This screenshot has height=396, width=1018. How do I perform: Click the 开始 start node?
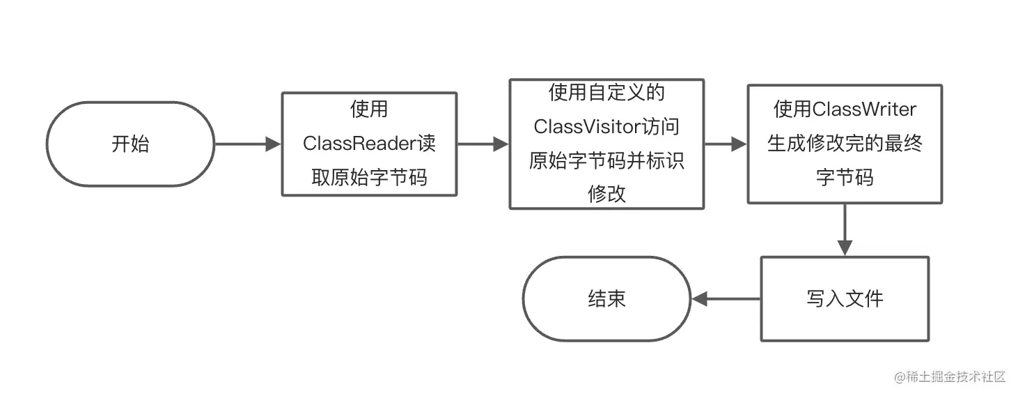pos(130,144)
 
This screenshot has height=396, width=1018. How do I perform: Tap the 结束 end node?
pos(606,298)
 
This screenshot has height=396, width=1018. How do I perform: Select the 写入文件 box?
pos(844,298)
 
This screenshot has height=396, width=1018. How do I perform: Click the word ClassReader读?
pos(369,144)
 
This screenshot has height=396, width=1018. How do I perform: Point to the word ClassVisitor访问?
pos(606,126)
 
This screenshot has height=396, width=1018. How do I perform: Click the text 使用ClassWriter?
pos(845,109)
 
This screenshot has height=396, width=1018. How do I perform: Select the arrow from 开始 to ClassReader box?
pos(247,144)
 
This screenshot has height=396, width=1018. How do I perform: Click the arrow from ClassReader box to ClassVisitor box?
pos(483,144)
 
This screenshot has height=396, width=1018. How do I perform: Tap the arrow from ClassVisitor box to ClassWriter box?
pos(726,144)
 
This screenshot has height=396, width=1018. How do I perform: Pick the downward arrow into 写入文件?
pos(845,230)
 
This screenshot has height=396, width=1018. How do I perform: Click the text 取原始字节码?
pos(369,178)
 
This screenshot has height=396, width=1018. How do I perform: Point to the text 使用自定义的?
pos(606,93)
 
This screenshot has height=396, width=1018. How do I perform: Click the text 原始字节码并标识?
pos(606,160)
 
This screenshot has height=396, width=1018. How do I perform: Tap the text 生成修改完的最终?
pos(845,144)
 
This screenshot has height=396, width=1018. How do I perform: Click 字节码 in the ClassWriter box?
pos(845,178)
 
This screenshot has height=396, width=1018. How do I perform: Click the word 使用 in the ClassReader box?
pos(369,110)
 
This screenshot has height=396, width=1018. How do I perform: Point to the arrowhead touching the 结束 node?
pos(699,298)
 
